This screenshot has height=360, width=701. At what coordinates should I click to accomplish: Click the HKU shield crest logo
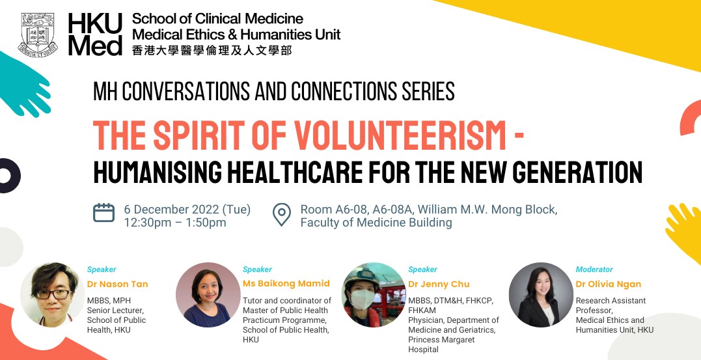coord(38,35)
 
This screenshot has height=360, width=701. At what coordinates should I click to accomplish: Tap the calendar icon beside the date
coord(103,213)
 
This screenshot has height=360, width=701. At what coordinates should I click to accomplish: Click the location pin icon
coord(282,215)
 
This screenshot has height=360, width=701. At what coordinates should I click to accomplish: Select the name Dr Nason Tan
coord(118,284)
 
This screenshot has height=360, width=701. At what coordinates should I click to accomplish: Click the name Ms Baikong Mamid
coord(286,284)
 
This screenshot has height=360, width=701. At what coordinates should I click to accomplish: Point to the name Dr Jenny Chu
coord(439,284)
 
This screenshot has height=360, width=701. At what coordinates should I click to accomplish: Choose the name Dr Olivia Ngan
coord(609,284)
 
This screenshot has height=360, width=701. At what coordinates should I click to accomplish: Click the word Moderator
coord(594,270)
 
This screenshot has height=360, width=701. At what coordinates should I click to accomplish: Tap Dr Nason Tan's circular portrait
coord(52,295)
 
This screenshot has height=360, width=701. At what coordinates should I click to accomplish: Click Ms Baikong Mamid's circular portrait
coord(208,295)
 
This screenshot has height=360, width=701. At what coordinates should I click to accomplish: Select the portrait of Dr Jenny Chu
coord(374,295)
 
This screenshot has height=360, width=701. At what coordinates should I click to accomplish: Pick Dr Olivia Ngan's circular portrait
coord(541,295)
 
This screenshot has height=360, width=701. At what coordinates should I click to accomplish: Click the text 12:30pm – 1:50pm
coord(175,222)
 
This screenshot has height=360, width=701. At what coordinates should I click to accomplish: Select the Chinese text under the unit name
coord(212,50)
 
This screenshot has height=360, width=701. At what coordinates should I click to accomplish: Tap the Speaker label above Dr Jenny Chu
coord(422,270)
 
